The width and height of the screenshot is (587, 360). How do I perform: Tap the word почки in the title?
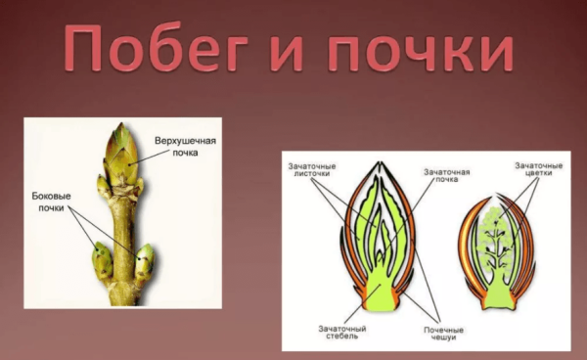(422, 51)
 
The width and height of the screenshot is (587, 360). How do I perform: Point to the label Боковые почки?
(54, 202)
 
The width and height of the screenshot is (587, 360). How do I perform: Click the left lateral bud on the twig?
(102, 258)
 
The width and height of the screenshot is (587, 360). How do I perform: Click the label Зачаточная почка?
(445, 177)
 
